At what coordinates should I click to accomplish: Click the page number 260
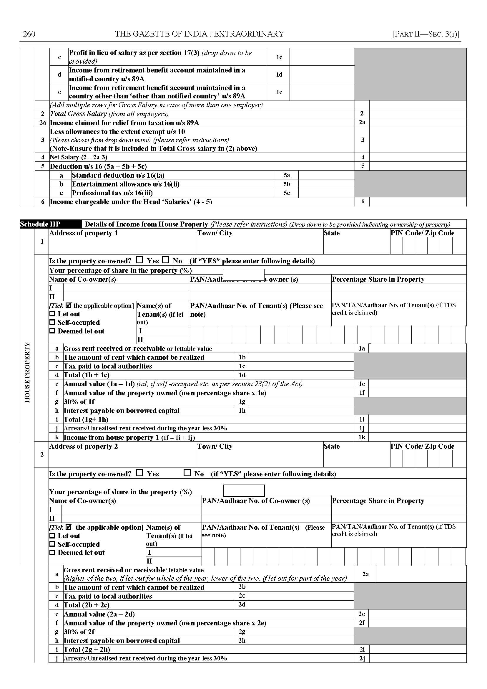[x=29, y=34]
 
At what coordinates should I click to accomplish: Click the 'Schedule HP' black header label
[x=40, y=224]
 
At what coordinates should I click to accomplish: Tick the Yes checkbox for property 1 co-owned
[x=139, y=260]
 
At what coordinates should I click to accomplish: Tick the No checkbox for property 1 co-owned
[x=166, y=260]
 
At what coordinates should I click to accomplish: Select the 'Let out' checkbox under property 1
[x=52, y=314]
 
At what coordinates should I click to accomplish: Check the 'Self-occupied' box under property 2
[x=52, y=544]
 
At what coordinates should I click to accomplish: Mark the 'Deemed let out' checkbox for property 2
[x=52, y=552]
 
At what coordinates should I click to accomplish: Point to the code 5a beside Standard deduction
[x=287, y=175]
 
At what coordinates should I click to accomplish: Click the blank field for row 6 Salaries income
[x=418, y=201]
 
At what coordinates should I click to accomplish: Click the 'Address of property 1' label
[x=83, y=233]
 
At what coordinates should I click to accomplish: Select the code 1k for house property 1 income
[x=362, y=437]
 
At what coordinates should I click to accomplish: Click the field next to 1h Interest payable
[x=301, y=410]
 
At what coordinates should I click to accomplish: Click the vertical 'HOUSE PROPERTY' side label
[x=27, y=372]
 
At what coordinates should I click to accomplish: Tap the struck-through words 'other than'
[x=111, y=96]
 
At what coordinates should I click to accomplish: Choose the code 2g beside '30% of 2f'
[x=242, y=632]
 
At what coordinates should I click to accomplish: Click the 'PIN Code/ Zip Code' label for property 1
[x=422, y=233]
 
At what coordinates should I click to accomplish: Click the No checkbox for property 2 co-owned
[x=187, y=473]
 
